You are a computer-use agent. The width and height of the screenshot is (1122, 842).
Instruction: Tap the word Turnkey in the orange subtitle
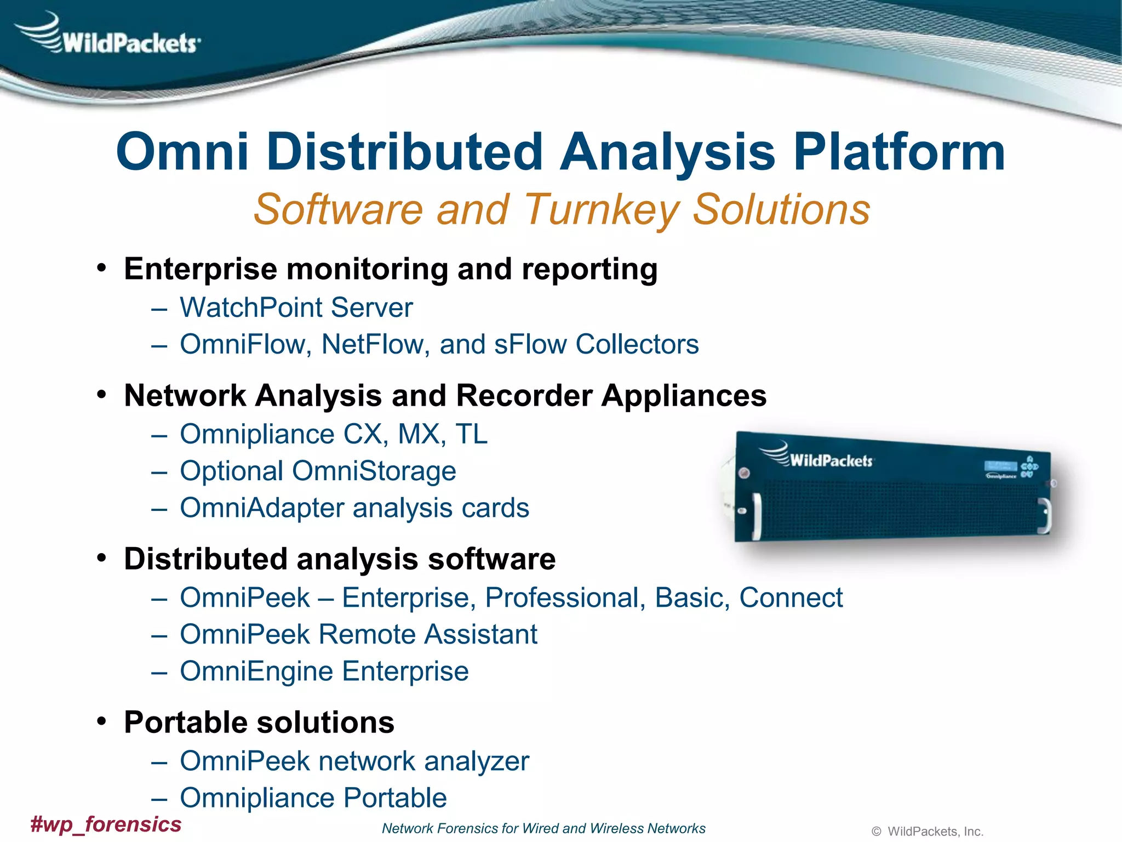point(602,209)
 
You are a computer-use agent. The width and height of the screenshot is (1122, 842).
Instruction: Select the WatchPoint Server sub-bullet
point(296,308)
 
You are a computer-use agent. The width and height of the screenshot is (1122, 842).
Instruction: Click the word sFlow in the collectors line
point(530,345)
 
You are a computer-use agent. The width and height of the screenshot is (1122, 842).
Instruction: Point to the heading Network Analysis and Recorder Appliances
point(445,395)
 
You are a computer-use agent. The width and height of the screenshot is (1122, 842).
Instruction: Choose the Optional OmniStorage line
point(318,471)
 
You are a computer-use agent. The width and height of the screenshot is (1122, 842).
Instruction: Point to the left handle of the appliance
point(757,516)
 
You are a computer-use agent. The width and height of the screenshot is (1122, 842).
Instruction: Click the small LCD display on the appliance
point(1001,466)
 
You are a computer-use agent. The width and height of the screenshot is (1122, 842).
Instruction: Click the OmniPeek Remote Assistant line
point(358,635)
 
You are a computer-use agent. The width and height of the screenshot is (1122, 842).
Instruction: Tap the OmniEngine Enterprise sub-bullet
point(324,672)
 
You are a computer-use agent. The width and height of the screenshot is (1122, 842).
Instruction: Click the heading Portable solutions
point(259,722)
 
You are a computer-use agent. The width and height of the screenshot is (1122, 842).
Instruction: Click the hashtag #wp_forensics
point(106,824)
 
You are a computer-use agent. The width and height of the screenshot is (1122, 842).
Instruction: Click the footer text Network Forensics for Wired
point(543,828)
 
